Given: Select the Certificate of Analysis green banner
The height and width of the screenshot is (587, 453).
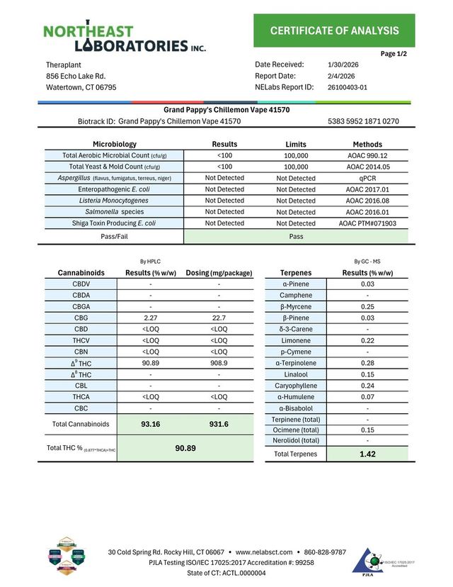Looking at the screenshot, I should (x=334, y=30).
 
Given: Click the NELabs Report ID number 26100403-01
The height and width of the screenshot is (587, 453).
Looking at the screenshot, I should (x=348, y=87).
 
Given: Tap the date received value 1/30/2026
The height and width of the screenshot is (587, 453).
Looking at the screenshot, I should (x=343, y=65).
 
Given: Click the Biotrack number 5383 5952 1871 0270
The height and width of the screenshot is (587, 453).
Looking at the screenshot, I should (x=363, y=121).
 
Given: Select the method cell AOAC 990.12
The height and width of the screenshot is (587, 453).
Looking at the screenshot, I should (x=367, y=155).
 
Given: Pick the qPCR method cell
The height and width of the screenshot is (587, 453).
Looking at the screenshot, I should (x=367, y=178).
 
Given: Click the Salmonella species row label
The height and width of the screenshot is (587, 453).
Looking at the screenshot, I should (x=114, y=212).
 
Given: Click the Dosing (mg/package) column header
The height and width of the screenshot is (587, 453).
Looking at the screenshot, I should (x=219, y=272).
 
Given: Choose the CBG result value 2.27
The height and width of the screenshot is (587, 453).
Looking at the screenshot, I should (x=149, y=318).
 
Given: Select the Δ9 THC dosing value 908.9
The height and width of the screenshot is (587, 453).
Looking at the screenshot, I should (x=219, y=363).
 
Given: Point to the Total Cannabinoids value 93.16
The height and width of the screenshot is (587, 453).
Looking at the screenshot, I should (x=149, y=424).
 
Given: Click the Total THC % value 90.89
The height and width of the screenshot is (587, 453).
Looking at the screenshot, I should (x=185, y=449).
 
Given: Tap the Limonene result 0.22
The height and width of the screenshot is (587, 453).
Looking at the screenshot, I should (x=367, y=340).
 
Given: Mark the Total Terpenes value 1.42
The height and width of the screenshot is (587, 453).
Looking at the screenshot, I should (x=367, y=454).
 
